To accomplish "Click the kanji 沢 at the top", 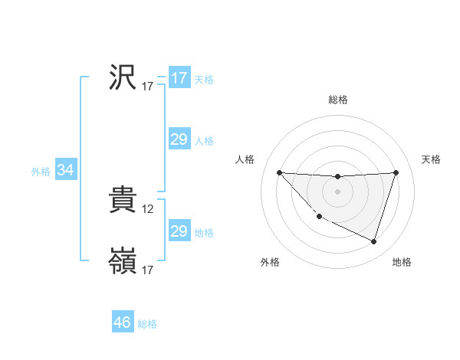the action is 123,77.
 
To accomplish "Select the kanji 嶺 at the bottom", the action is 123,261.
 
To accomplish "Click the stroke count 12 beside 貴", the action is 149,208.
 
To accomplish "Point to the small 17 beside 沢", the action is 148,87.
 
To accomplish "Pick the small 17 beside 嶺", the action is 148,270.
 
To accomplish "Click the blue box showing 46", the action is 123,322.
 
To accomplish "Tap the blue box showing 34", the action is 65,171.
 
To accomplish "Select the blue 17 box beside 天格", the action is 179,78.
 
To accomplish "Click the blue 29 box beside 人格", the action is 179,139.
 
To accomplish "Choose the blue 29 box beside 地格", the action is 179,231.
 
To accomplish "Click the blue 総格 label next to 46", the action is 147,324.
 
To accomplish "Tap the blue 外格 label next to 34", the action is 41,172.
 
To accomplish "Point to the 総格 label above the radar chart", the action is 338,100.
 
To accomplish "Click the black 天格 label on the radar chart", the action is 432,159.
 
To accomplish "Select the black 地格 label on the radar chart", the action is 402,263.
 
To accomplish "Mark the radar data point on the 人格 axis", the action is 279,172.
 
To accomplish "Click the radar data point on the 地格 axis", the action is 374,242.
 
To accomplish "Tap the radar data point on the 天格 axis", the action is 396,172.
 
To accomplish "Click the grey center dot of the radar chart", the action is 337,191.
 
